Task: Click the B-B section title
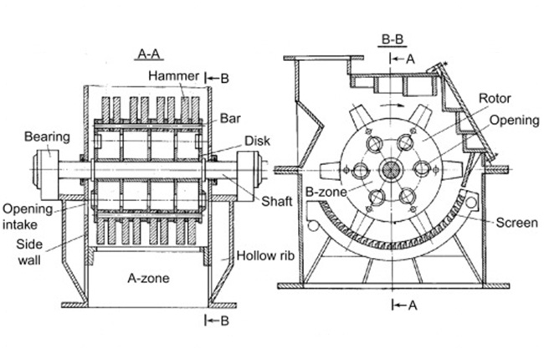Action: point(393,39)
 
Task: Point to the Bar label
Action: point(229,117)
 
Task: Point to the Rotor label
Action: point(494,98)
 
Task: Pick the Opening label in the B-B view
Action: point(514,121)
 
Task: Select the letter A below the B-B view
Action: point(411,306)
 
